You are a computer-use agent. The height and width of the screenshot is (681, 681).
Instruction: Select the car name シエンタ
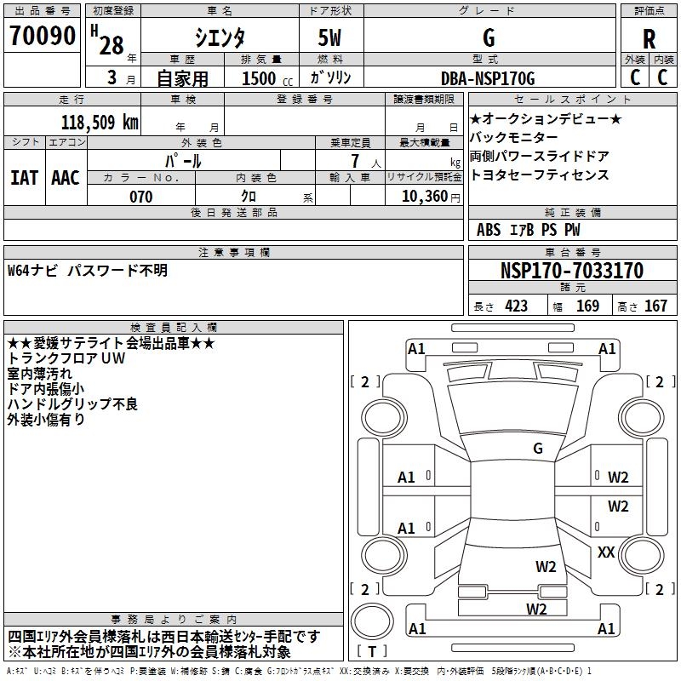pos(219,39)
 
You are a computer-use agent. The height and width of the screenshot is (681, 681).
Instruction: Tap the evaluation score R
pos(649,39)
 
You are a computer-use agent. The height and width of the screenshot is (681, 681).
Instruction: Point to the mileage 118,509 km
pos(99,123)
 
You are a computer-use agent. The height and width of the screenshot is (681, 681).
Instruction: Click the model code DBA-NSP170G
pos(488,78)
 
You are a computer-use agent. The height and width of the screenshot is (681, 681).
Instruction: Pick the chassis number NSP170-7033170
pos(571,271)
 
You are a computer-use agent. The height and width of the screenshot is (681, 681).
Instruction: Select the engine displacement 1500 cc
pos(259,78)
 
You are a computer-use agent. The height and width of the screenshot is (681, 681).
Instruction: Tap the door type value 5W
pos(331,39)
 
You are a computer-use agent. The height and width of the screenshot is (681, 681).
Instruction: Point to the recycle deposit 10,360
pos(418,197)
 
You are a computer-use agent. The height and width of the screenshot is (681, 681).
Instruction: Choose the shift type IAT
pos(24,178)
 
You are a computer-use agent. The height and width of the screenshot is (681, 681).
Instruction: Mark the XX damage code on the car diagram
pos(606,552)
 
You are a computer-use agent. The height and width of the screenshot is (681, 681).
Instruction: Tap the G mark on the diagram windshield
pos(537,448)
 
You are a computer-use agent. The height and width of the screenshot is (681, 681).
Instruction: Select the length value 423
pos(516,306)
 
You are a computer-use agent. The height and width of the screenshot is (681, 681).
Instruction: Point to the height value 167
pos(655,306)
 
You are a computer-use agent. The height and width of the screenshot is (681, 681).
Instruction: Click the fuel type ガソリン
pos(330,77)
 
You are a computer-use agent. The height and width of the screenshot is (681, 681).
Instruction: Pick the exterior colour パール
pos(183,160)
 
